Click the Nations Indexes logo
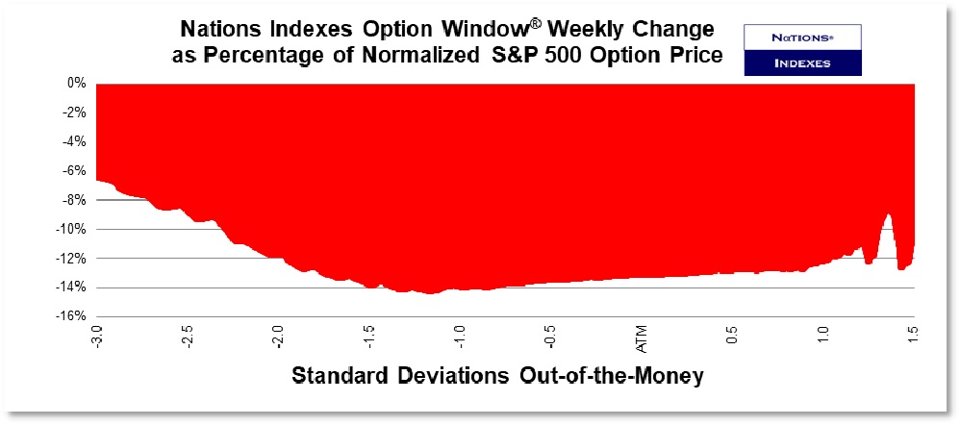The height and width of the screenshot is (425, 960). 803,50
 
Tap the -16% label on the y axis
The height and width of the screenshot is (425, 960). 72,316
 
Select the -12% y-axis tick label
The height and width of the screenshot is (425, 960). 72,258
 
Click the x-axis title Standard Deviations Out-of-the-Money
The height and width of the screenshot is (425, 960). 497,376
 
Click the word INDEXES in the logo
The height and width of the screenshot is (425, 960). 803,63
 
